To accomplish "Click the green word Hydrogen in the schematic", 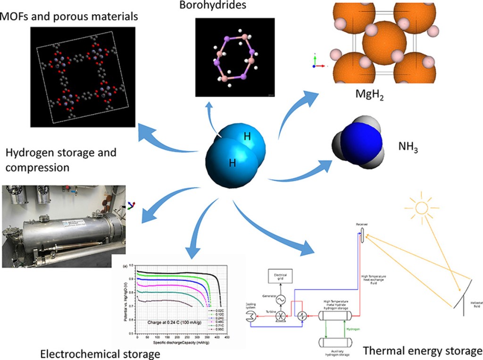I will pyautogui.click(x=353, y=329).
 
